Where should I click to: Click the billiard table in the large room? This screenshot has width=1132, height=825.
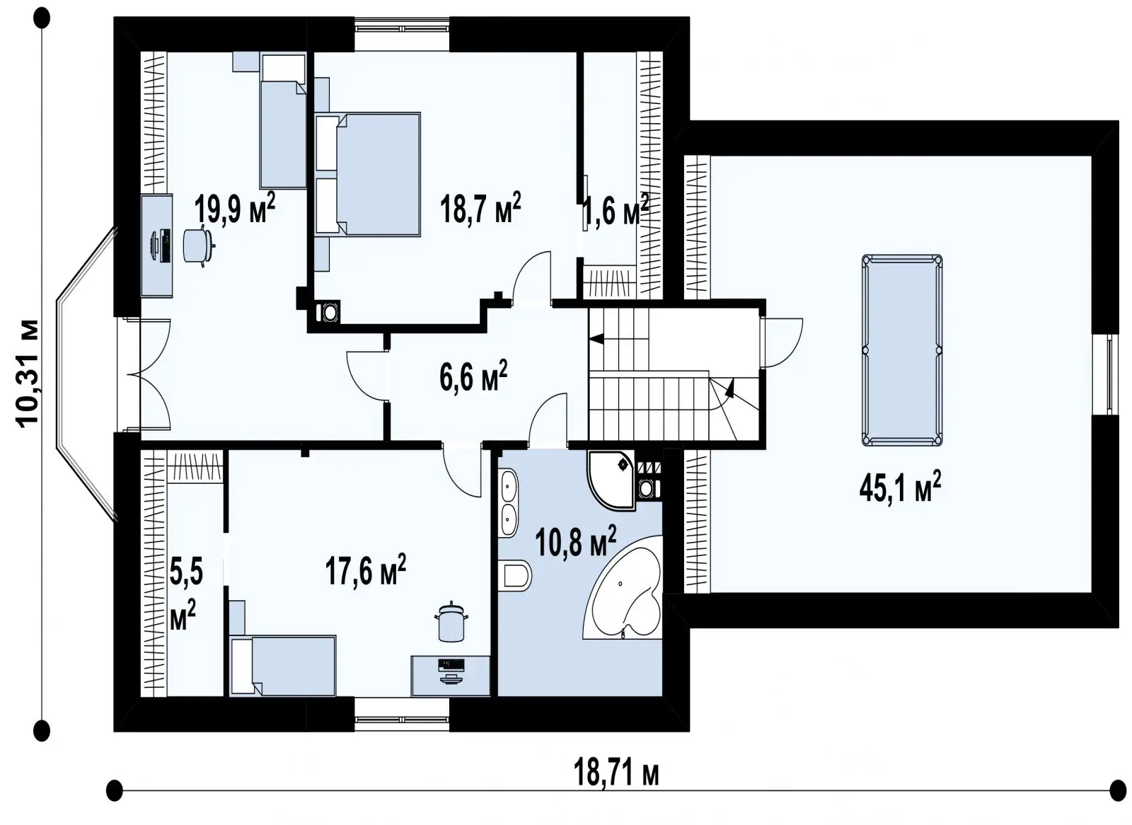[901, 350]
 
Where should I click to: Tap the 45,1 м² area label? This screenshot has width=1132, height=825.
[900, 487]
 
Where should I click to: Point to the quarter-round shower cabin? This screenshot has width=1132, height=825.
[611, 480]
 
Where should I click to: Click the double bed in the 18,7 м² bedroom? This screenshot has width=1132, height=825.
[367, 174]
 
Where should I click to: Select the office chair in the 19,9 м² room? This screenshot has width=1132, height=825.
[197, 246]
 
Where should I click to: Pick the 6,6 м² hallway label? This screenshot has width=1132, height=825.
[473, 376]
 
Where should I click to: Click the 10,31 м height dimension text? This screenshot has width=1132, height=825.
[28, 374]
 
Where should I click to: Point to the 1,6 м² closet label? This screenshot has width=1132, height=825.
[616, 209]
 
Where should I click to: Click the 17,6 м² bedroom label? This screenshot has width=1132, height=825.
[365, 570]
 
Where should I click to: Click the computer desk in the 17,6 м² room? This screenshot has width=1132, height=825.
[450, 676]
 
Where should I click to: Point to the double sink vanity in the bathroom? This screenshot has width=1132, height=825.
[508, 503]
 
